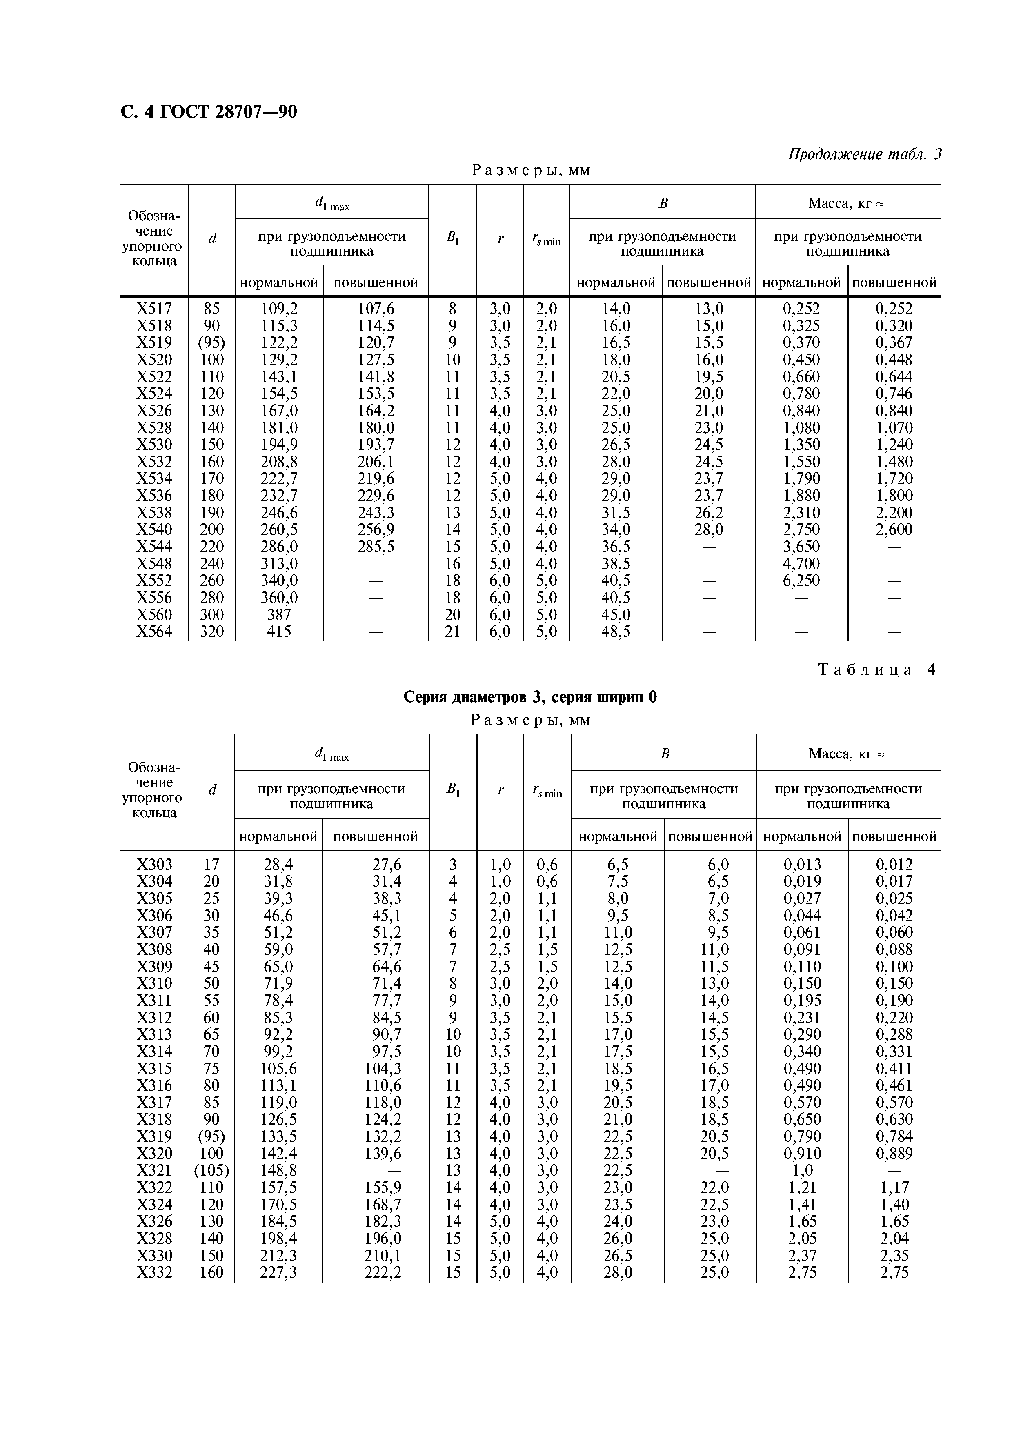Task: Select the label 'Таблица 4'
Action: tap(876, 670)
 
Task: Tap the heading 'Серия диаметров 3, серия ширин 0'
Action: tap(530, 697)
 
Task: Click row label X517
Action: tap(154, 309)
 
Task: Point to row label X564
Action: tap(154, 632)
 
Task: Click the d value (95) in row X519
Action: tap(211, 343)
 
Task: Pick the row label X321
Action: tap(154, 1170)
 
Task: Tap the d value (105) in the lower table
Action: tap(211, 1170)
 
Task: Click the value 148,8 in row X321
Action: tap(278, 1170)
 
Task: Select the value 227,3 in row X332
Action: tap(278, 1272)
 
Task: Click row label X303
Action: tap(154, 865)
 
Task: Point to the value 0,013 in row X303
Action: tap(802, 865)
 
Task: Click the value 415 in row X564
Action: tap(278, 632)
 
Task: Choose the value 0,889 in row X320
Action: tap(894, 1153)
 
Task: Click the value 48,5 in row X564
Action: tap(616, 632)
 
